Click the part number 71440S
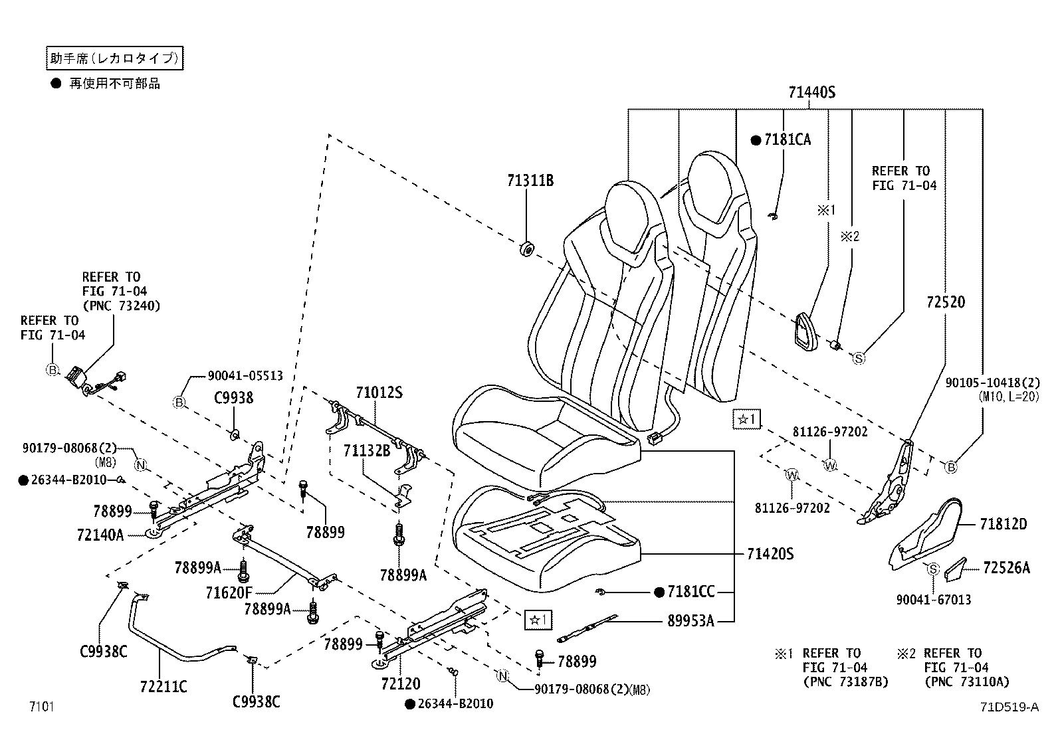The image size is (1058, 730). coord(811,93)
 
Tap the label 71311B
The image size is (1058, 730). coord(530,181)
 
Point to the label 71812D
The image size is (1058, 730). coord(1003,525)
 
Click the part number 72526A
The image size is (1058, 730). coord(1006,568)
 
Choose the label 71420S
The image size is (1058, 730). coord(770,554)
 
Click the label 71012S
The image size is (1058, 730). coord(379,393)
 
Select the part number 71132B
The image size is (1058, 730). coord(366,451)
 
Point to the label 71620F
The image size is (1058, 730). coord(229,592)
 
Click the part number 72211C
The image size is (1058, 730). coord(163,686)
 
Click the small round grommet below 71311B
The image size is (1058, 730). coord(526,250)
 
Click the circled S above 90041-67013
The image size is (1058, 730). coord(932,569)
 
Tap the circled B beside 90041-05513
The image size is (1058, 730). coord(179,402)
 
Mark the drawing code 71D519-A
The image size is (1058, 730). coord(1008,707)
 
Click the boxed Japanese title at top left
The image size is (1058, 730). coord(114,59)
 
